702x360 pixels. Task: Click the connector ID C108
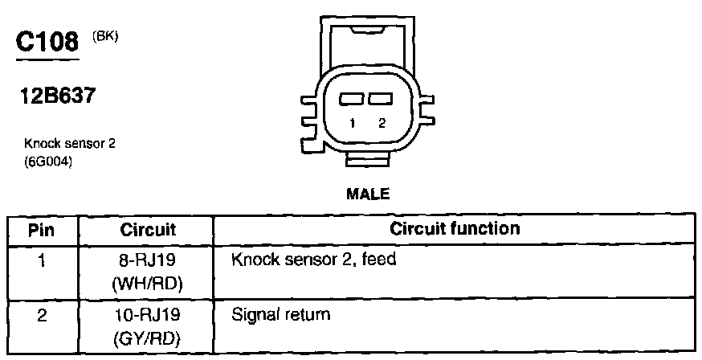pos(48,41)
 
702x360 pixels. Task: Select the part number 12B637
pos(59,97)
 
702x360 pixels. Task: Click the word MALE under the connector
pos(368,194)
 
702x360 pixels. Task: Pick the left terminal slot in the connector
pos(353,100)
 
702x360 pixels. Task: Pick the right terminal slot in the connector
pos(381,100)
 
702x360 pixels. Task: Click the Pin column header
pos(41,230)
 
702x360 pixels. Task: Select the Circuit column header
pos(148,230)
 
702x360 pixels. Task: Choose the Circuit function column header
pos(455,229)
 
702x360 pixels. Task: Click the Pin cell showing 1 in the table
pos(41,260)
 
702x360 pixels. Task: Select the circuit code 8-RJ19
pos(149,260)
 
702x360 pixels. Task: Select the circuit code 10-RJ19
pos(149,315)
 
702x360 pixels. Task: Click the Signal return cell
pos(280,313)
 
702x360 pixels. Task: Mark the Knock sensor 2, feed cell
pos(313,260)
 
